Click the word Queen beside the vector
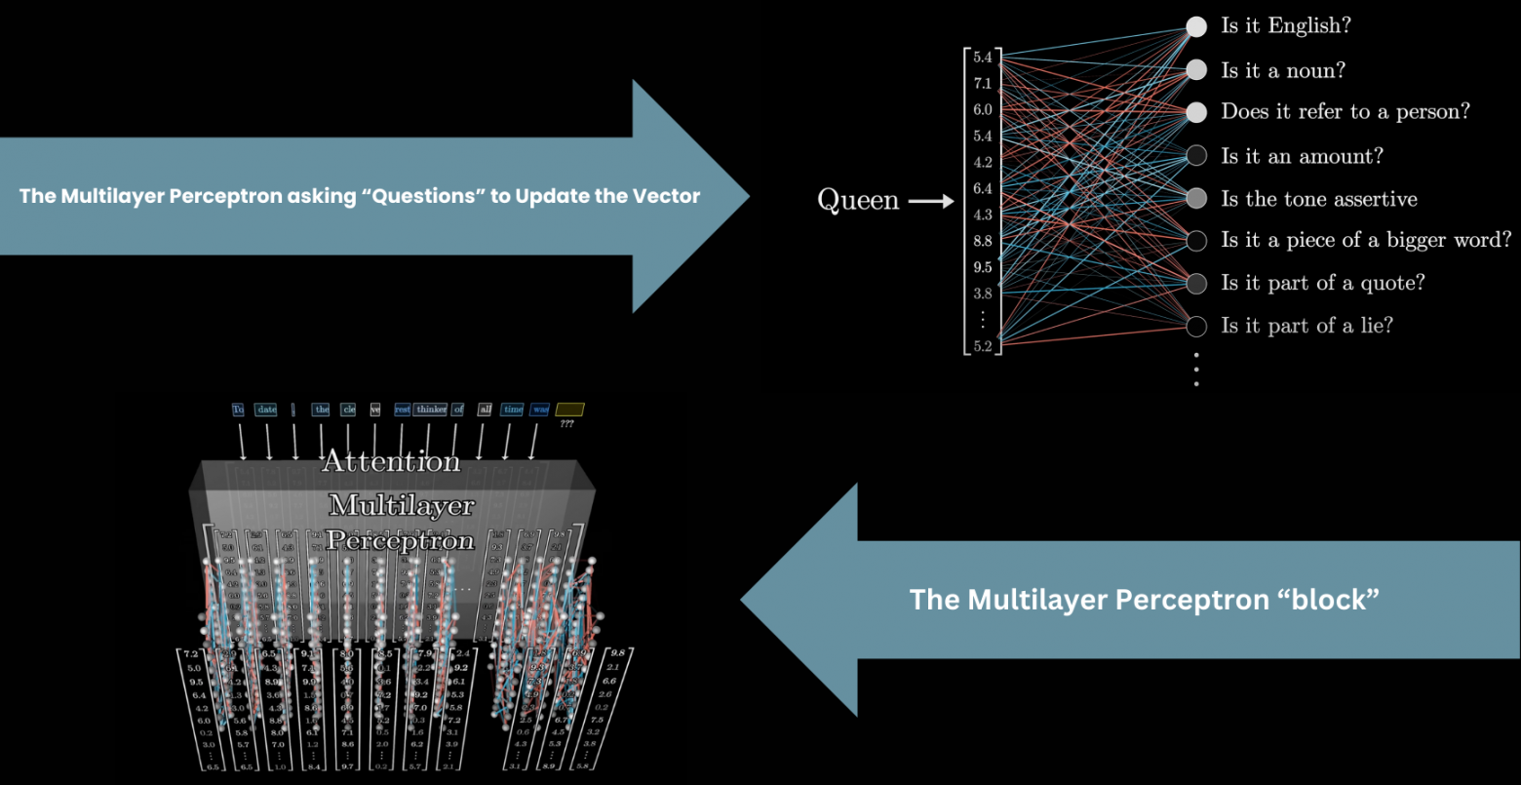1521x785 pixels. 858,201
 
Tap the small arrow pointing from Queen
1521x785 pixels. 930,202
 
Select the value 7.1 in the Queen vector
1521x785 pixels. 982,84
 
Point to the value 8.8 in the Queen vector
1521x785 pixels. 982,241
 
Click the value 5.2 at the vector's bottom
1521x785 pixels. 982,345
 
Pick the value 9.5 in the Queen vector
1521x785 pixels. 982,267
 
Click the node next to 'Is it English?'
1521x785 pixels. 1196,26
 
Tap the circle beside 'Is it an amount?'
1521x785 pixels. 1196,155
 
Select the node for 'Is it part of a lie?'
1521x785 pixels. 1196,325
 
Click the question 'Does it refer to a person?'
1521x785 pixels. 1345,112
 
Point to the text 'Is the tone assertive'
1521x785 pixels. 1319,199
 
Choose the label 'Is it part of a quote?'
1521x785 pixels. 1323,283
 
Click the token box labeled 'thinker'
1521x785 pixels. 431,410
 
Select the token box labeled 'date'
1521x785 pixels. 266,410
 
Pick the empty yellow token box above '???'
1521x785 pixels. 568,410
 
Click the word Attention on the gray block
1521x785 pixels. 391,461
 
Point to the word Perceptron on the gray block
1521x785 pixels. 400,539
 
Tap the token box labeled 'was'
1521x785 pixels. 540,410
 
